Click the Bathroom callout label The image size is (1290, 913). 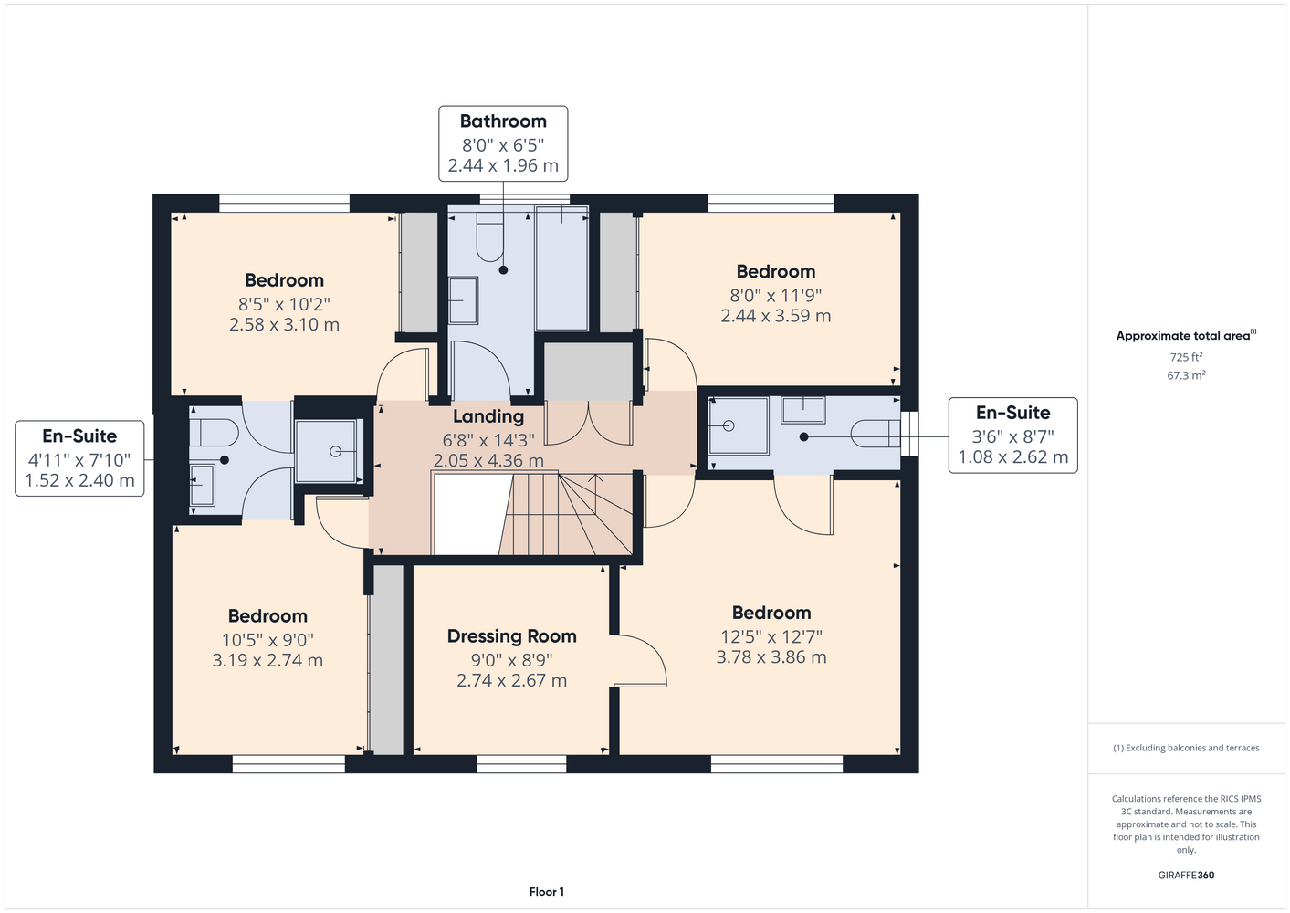[503, 143]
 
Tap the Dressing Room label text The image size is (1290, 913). [511, 636]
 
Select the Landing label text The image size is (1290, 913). [488, 416]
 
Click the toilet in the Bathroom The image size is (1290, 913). [490, 237]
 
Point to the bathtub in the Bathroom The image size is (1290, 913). [561, 268]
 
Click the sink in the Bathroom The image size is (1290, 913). [463, 300]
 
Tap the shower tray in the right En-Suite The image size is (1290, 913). [739, 425]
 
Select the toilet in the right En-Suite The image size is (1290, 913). [876, 434]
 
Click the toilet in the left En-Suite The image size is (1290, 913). [214, 433]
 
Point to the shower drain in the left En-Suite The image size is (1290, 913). [335, 452]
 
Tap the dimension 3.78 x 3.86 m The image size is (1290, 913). [771, 656]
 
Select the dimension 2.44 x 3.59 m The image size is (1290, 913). [776, 316]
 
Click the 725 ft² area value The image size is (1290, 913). [1186, 357]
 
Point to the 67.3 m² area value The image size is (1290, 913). [1186, 375]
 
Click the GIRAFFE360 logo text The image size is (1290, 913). [1186, 875]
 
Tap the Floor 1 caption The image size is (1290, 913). [547, 892]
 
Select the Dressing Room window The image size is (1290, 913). [522, 764]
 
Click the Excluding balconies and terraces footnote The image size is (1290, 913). [1186, 748]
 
